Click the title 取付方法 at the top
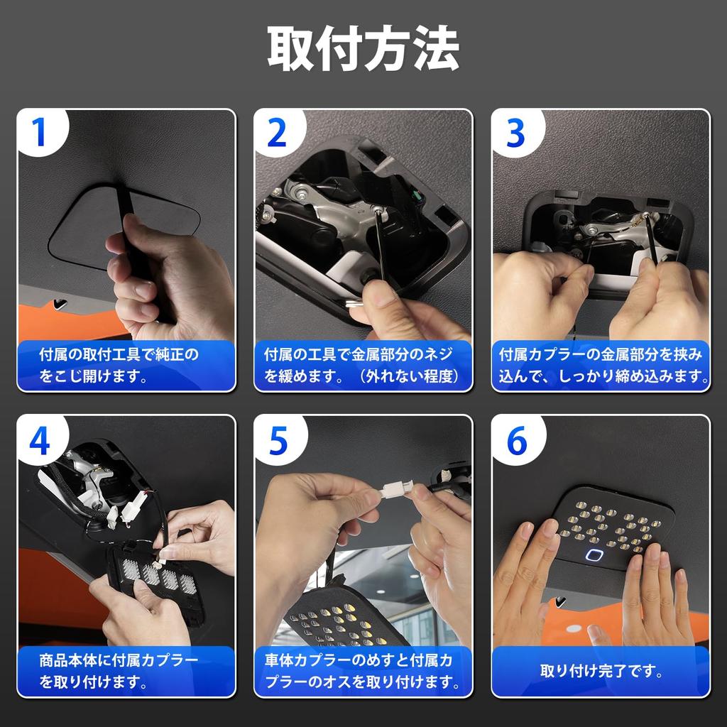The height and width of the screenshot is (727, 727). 363,48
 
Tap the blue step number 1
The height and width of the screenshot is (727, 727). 39,132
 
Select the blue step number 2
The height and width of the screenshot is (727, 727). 278,133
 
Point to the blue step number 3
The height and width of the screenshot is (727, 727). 515,133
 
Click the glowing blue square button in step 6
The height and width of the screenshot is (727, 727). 594,554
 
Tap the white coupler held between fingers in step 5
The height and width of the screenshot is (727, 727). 396,489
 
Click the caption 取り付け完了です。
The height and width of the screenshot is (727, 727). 601,670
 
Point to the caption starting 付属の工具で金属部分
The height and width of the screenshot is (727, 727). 363,365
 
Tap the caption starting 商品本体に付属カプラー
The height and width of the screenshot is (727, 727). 119,671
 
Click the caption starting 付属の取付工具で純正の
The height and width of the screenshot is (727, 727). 119,365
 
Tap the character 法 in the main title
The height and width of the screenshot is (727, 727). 435,48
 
